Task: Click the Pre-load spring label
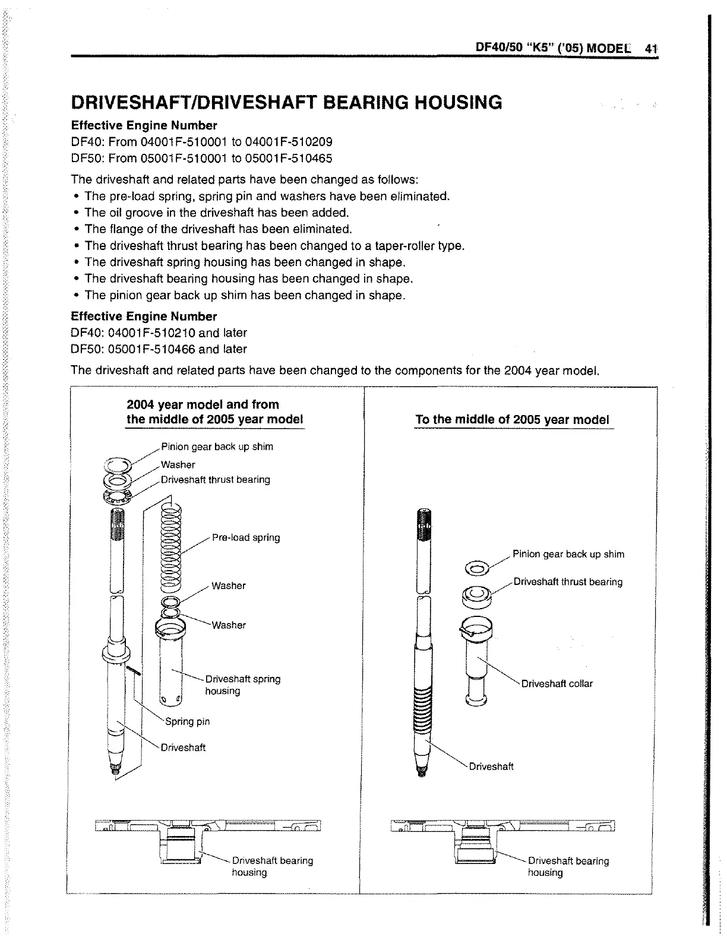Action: point(245,537)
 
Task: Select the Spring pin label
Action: point(187,721)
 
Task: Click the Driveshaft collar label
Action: point(557,683)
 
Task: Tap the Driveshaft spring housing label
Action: point(242,685)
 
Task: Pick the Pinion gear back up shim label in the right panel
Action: point(568,554)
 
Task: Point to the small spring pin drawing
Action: point(135,669)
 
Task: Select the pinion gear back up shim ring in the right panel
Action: point(477,569)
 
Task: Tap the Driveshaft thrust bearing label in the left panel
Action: point(215,479)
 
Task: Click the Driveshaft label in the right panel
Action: point(491,766)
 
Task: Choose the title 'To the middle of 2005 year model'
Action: point(512,419)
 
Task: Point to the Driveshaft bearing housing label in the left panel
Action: point(272,866)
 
